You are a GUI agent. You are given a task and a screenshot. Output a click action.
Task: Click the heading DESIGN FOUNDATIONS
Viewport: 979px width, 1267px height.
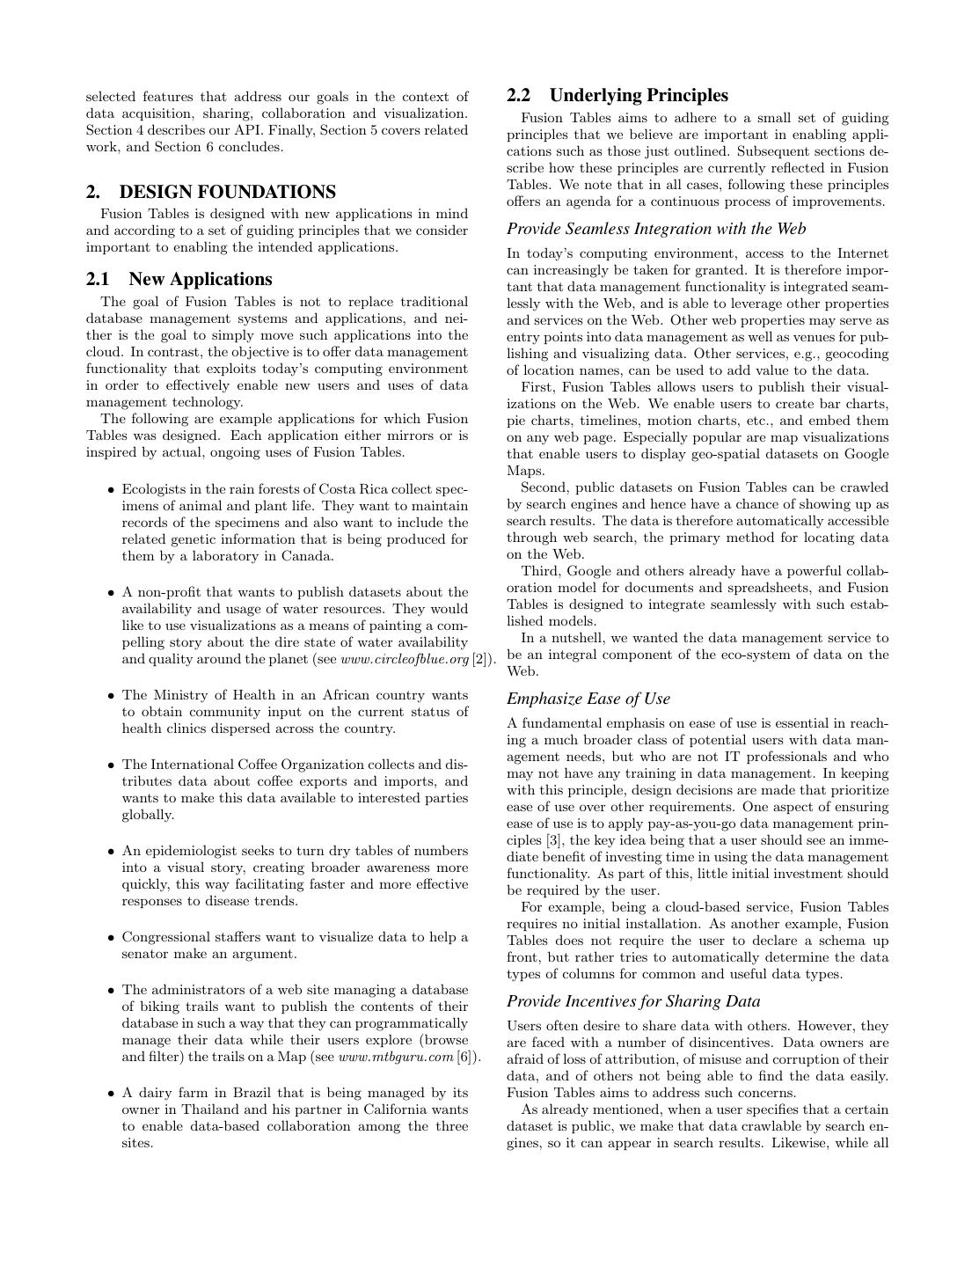pos(227,192)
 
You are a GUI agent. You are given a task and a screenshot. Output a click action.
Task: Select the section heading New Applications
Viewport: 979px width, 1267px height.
pos(200,279)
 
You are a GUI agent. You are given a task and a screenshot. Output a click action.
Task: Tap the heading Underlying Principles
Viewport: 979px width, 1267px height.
pos(639,95)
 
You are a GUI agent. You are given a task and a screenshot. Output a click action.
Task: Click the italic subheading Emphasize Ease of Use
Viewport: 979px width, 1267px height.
pos(588,699)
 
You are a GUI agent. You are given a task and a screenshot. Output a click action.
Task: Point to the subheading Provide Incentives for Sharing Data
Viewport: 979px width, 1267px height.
pos(633,1001)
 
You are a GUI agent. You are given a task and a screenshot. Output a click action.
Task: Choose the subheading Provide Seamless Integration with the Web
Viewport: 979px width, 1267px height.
pos(656,229)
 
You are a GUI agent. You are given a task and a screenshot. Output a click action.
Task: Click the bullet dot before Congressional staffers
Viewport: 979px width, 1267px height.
pos(111,938)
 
